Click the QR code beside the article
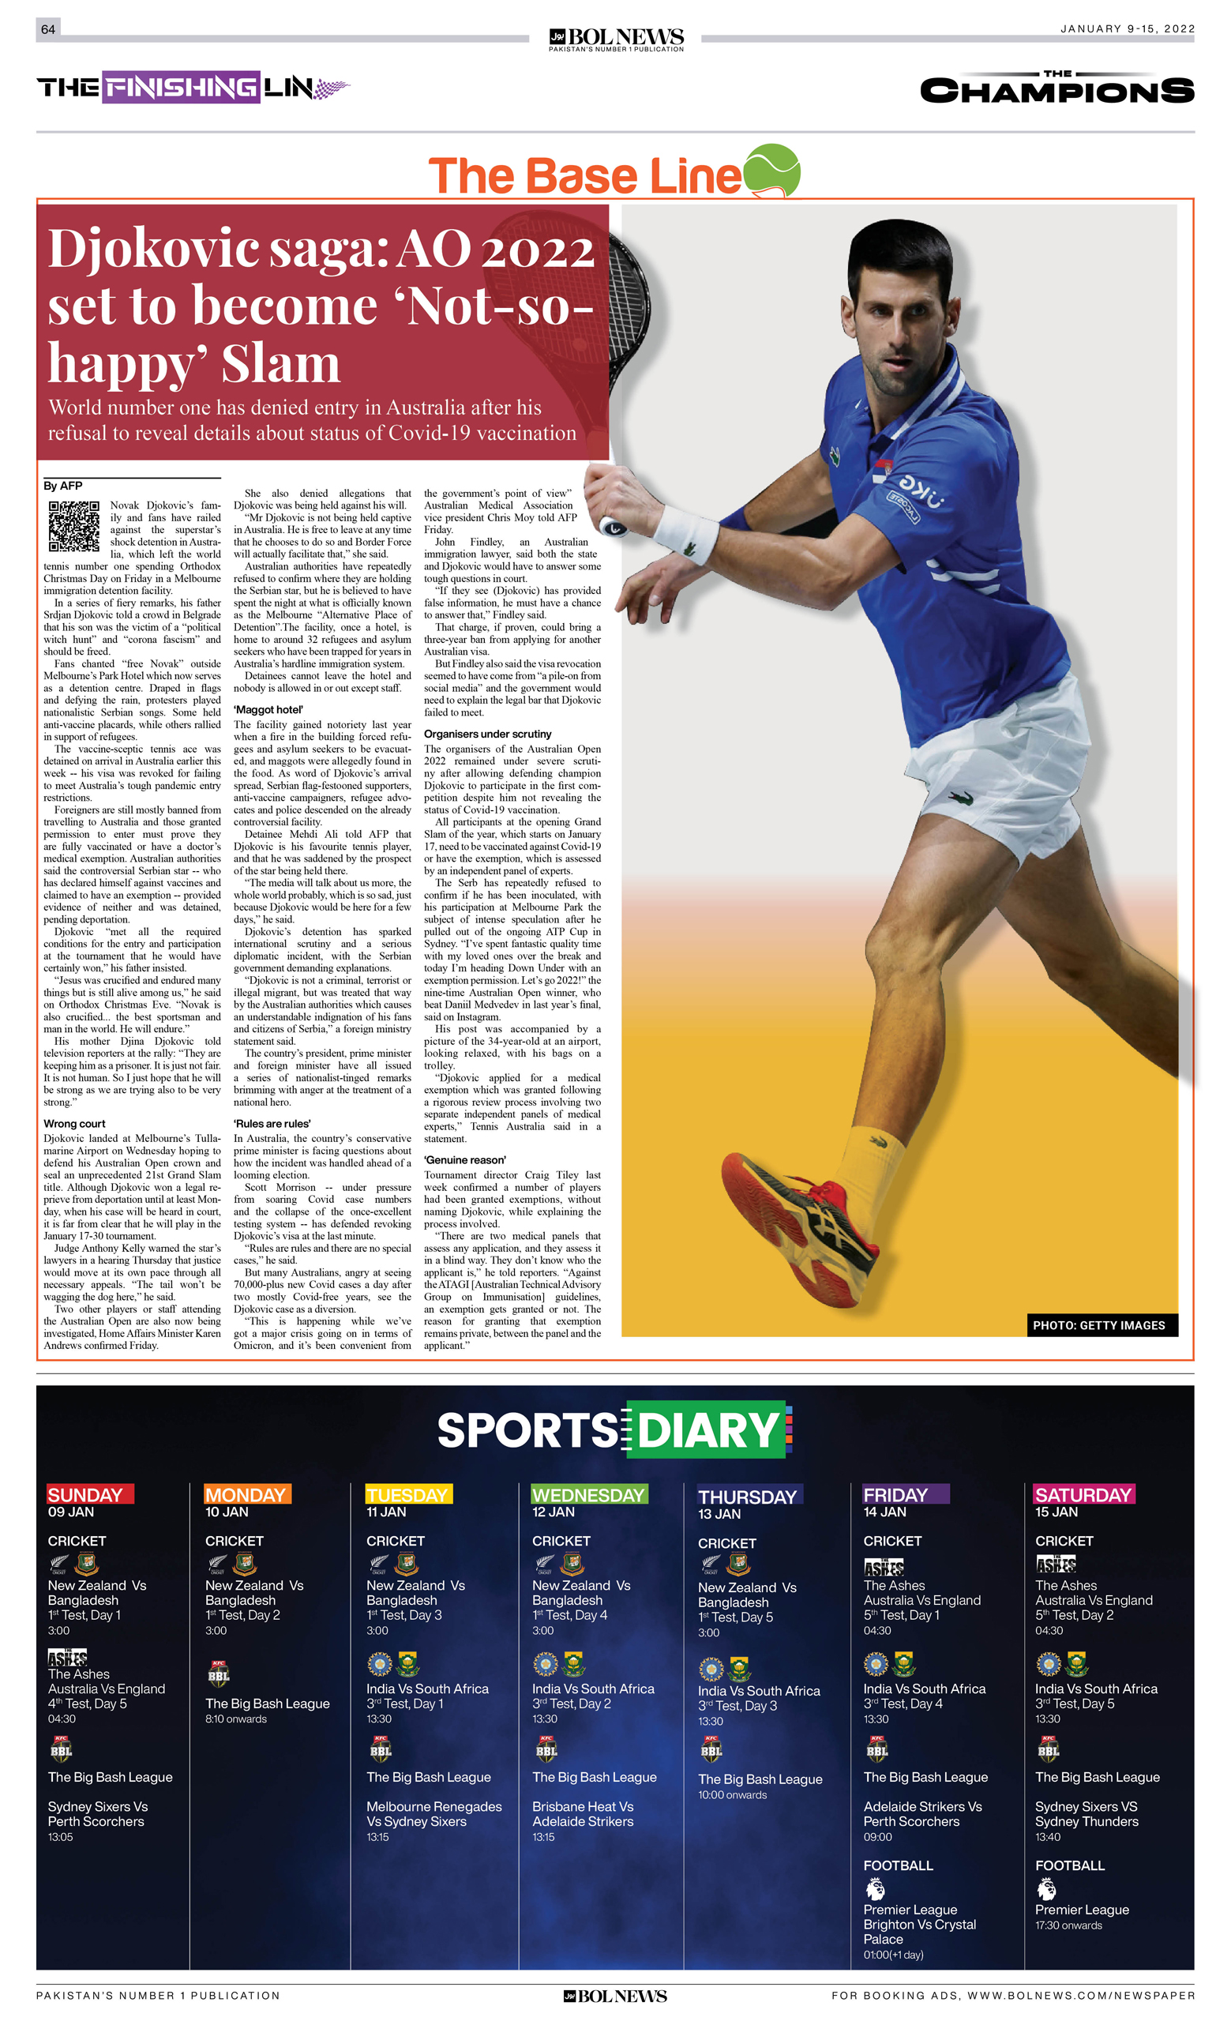point(73,526)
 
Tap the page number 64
point(48,29)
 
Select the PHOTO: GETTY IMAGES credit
point(1098,1324)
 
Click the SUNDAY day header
point(85,1494)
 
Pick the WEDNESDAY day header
point(588,1494)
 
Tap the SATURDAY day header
point(1083,1494)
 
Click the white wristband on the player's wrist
point(687,534)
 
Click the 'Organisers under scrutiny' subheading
point(487,734)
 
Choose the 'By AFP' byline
point(63,486)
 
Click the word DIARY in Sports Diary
point(707,1429)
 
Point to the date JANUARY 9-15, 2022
point(1127,28)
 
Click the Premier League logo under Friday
point(874,1889)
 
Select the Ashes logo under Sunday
point(68,1658)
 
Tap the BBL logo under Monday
point(218,1674)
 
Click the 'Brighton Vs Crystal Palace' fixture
point(919,1932)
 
